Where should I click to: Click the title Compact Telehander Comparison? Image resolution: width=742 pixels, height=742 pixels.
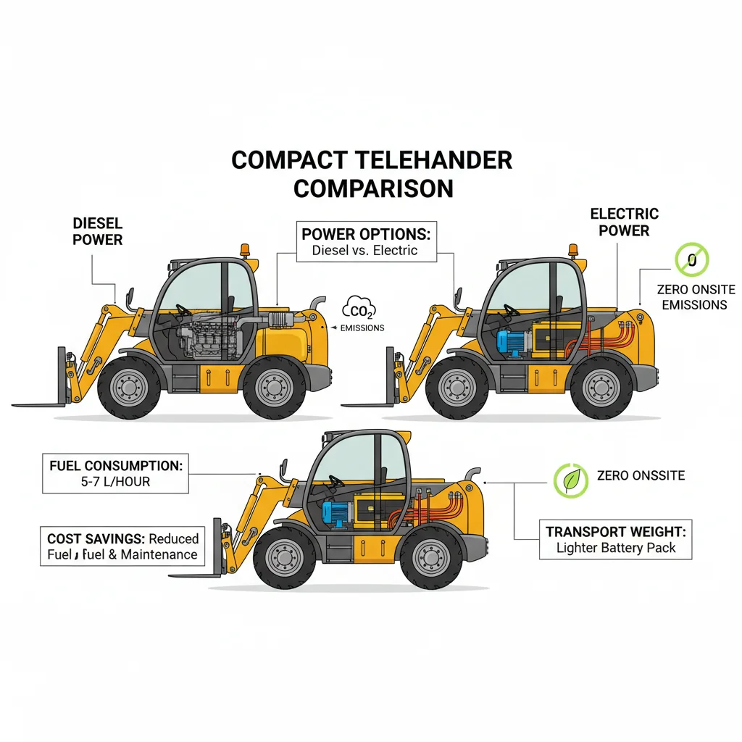point(371,174)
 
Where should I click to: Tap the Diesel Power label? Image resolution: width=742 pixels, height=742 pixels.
point(98,231)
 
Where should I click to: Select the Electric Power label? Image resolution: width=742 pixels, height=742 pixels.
point(624,222)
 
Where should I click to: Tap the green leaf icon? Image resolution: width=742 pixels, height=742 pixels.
point(570,480)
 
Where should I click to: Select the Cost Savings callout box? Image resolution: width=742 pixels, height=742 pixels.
point(122,546)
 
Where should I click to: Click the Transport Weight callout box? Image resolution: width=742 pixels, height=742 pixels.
point(615,539)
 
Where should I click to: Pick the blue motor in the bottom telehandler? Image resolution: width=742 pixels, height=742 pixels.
point(336,512)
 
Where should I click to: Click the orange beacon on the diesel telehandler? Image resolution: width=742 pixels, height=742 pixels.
point(245,250)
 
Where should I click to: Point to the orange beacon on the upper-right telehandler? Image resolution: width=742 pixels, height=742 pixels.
point(573,249)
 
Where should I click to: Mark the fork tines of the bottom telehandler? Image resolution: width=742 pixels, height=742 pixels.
point(194,575)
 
